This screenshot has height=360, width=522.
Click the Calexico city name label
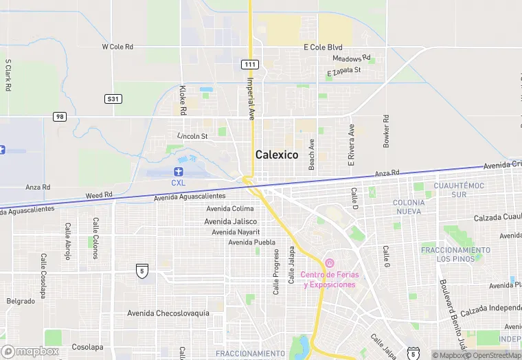point(277,155)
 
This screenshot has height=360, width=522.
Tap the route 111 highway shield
point(249,64)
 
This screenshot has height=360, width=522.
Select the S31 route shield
point(113,99)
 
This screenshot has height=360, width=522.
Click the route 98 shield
point(60,117)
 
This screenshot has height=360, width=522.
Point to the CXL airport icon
point(179,171)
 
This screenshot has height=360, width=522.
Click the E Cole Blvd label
point(323,47)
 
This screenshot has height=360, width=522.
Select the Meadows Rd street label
point(352,58)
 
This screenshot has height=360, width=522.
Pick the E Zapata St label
point(354,71)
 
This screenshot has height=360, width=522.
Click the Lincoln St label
point(192,136)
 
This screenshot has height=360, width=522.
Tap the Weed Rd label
point(99,196)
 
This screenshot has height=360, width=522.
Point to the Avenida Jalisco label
point(231,221)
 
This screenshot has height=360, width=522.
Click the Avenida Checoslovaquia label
point(168,313)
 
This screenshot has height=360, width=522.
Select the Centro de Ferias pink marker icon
point(329,263)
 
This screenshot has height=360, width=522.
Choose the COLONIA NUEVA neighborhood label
point(409,207)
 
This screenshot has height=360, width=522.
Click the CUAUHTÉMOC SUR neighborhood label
point(459,190)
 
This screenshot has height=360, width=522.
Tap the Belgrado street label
point(21,301)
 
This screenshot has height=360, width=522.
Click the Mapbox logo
point(30,351)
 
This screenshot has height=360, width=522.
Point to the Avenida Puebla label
point(251,242)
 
